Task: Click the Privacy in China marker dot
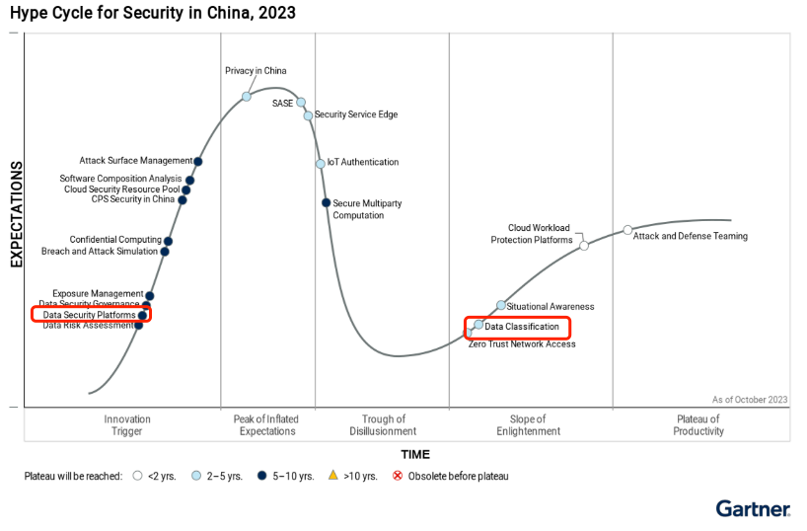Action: pyautogui.click(x=247, y=96)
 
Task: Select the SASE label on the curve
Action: pyautogui.click(x=282, y=104)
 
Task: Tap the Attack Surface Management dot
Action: pyautogui.click(x=198, y=161)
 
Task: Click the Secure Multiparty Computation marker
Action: pyautogui.click(x=326, y=202)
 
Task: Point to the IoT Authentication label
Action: pyautogui.click(x=363, y=162)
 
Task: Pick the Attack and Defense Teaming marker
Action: pyautogui.click(x=627, y=230)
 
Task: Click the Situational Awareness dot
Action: pyautogui.click(x=501, y=305)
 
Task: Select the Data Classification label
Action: pyautogui.click(x=523, y=326)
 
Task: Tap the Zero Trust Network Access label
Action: pyautogui.click(x=522, y=343)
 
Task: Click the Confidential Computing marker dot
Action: pyautogui.click(x=168, y=241)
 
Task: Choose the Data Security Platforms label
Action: pyautogui.click(x=89, y=315)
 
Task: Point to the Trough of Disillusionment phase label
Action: pyautogui.click(x=383, y=425)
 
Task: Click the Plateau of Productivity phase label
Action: pyautogui.click(x=697, y=425)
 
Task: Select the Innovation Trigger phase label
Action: pyautogui.click(x=127, y=425)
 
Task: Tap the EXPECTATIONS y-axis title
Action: pyautogui.click(x=16, y=215)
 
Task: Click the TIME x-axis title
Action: pyautogui.click(x=415, y=455)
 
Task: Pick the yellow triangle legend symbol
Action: pyautogui.click(x=333, y=476)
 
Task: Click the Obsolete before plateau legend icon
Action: pyautogui.click(x=399, y=476)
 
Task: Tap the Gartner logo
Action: pyautogui.click(x=753, y=508)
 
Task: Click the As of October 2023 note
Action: pyautogui.click(x=750, y=399)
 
